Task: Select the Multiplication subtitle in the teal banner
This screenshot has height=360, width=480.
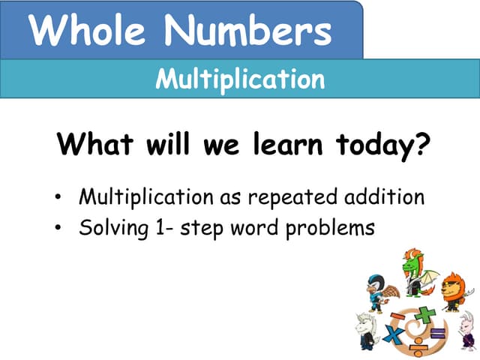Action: (x=240, y=79)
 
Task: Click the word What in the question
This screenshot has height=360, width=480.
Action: (x=97, y=143)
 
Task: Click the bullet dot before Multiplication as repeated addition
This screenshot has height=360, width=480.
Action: (x=58, y=199)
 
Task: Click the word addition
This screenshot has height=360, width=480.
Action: (x=382, y=199)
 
